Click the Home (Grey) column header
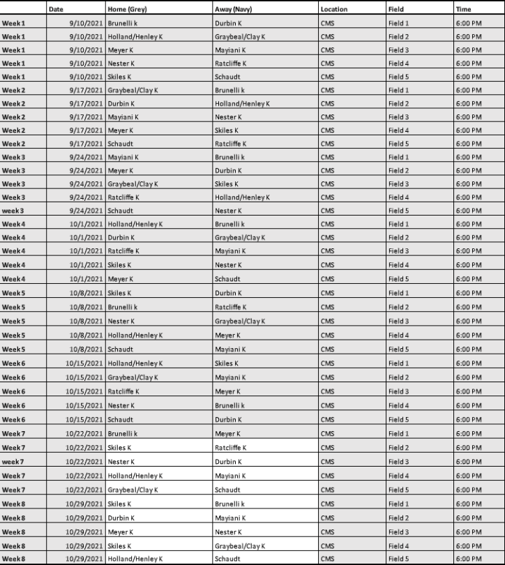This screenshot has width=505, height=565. click(x=126, y=9)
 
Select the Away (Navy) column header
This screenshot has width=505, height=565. click(x=233, y=9)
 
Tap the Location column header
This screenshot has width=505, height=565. click(x=334, y=9)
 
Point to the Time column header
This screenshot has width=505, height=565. click(x=463, y=9)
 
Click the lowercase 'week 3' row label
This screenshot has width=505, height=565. click(x=13, y=211)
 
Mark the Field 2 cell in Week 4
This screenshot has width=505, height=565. click(x=398, y=238)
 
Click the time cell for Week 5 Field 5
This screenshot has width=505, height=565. click(x=468, y=349)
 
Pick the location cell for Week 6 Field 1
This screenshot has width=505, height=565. click(x=327, y=363)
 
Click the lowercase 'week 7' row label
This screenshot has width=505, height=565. click(x=13, y=462)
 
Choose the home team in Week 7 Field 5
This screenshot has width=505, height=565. click(x=133, y=490)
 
